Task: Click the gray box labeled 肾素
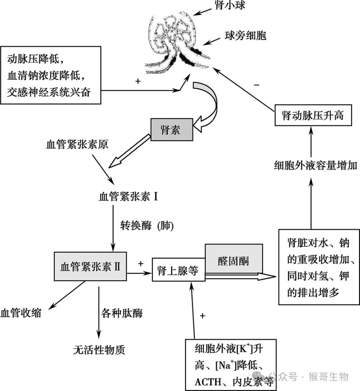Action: click(171, 130)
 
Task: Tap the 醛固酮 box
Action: click(234, 261)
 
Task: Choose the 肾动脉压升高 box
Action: click(313, 115)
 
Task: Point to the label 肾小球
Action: click(230, 5)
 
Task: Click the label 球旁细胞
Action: click(245, 36)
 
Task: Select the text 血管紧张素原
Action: click(77, 145)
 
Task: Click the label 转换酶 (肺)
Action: click(147, 226)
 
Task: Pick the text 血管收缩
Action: click(21, 313)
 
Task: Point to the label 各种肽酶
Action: click(122, 313)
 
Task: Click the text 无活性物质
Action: click(99, 350)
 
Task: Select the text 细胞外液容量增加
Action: click(315, 165)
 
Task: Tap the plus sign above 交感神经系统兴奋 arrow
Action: click(138, 81)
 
